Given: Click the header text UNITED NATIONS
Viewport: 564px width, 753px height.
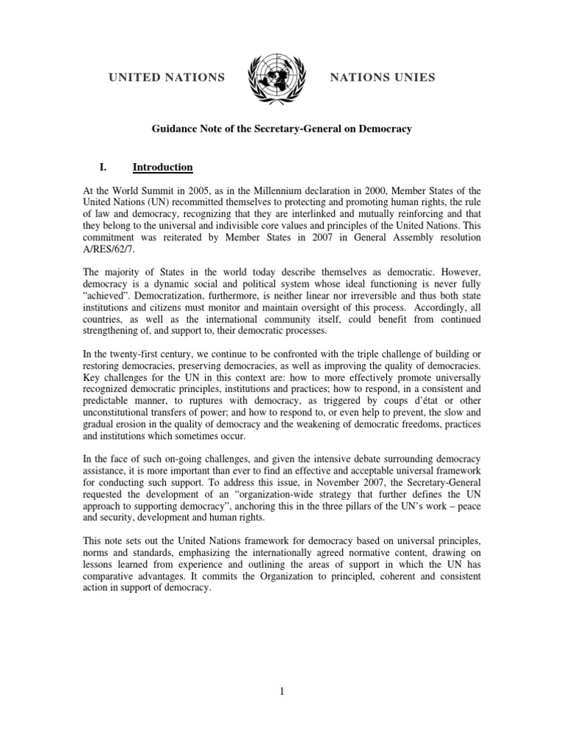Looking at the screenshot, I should point(167,77).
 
